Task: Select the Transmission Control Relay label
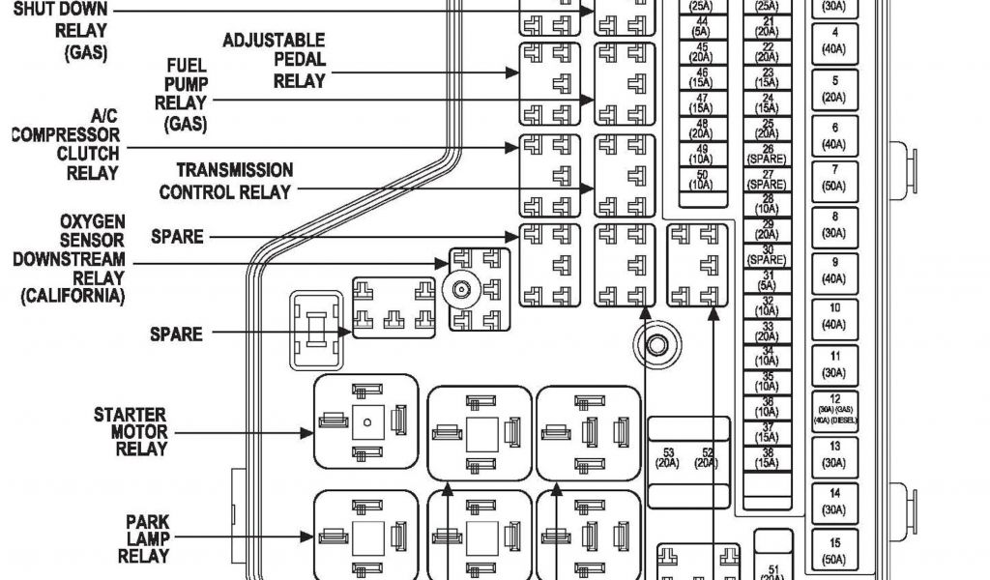(x=225, y=181)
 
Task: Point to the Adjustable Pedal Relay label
(x=274, y=61)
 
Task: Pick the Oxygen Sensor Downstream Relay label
(x=70, y=260)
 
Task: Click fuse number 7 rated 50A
(x=834, y=177)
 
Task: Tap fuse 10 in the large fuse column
(x=834, y=315)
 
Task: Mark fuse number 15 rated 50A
(x=834, y=551)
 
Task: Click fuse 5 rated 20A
(x=834, y=89)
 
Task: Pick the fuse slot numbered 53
(x=667, y=457)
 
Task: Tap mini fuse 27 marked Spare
(x=768, y=178)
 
